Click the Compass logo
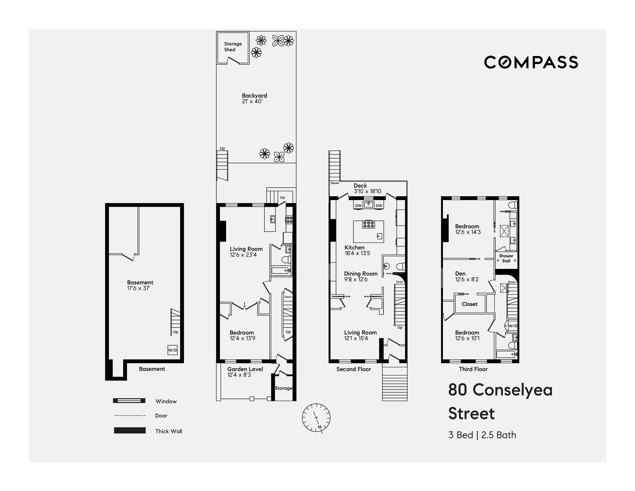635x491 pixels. click(x=531, y=62)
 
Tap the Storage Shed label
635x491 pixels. click(x=233, y=47)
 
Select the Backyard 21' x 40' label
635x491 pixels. click(x=254, y=98)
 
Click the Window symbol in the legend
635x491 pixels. click(x=129, y=401)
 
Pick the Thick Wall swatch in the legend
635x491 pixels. click(x=130, y=431)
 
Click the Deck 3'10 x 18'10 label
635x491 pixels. click(x=367, y=188)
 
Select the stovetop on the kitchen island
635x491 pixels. click(x=368, y=224)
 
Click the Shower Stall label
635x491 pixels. click(x=506, y=258)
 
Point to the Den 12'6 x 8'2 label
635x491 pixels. click(x=467, y=276)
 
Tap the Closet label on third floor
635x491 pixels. click(x=469, y=304)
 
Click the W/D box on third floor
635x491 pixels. click(x=513, y=326)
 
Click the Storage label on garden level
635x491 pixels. click(x=283, y=388)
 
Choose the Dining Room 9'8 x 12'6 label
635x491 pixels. click(x=361, y=276)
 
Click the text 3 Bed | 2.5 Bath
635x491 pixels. click(x=482, y=435)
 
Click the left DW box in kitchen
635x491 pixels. click(x=358, y=206)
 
